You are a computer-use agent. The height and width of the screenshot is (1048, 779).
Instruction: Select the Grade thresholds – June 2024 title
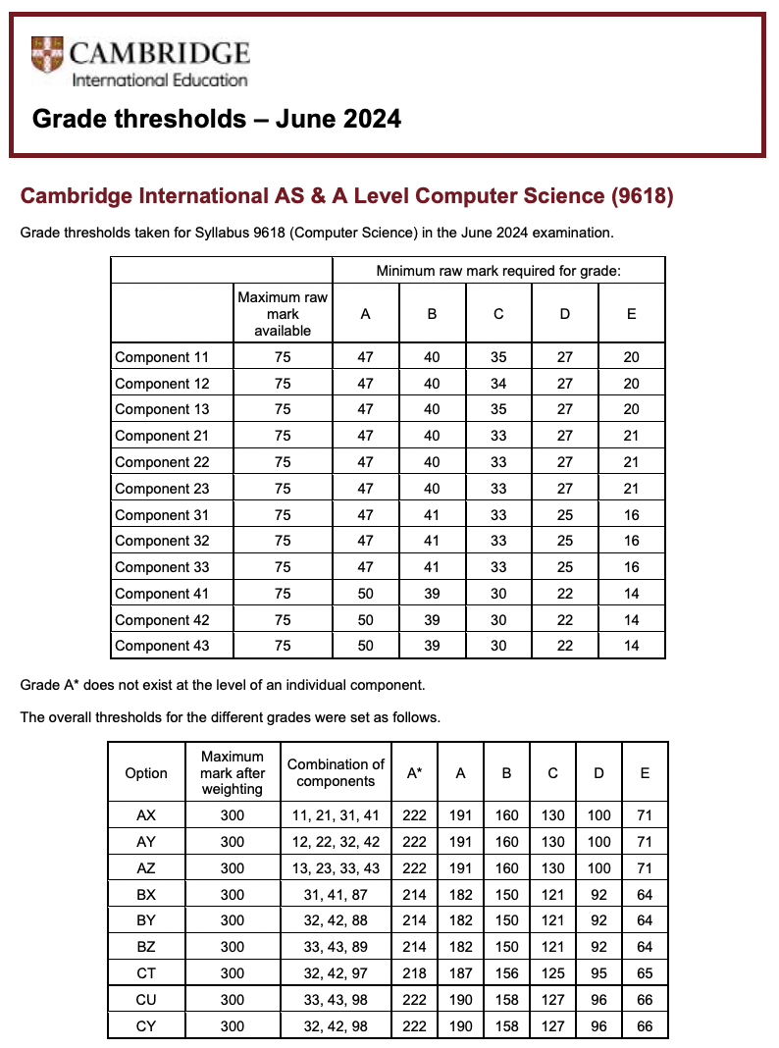click(217, 119)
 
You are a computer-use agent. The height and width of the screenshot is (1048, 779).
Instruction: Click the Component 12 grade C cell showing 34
click(498, 384)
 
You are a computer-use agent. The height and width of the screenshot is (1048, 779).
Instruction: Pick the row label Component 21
click(162, 436)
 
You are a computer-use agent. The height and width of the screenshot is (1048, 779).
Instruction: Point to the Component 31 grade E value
click(631, 514)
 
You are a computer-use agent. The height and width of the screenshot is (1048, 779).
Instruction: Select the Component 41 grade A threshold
click(365, 593)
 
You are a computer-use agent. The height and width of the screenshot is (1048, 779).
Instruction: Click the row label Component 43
click(162, 646)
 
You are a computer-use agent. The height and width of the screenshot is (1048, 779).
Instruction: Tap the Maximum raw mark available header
click(283, 314)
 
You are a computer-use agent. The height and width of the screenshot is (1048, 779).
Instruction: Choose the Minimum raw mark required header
click(498, 270)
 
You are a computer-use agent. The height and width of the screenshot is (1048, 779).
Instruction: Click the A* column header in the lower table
click(414, 773)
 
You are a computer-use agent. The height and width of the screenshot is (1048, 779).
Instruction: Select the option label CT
click(146, 973)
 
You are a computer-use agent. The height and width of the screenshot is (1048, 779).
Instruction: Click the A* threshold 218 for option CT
click(414, 973)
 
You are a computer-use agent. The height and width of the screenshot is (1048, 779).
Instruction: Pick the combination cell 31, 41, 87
click(336, 894)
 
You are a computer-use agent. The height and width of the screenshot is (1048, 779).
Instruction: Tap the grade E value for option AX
click(645, 814)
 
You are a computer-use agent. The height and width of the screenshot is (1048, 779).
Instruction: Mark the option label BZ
click(146, 947)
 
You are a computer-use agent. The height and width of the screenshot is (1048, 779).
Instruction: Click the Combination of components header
click(336, 773)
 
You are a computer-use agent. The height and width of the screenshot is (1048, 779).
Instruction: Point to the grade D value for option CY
click(598, 1026)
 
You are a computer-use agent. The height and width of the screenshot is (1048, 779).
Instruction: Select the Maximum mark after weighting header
click(233, 773)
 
